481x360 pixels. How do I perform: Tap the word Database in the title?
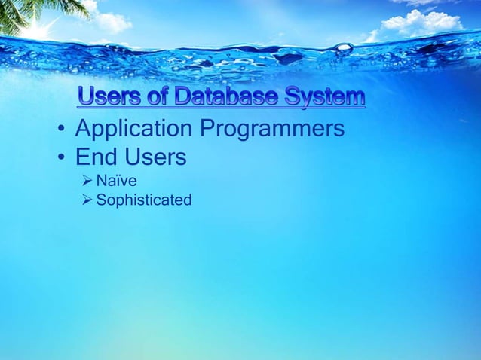225,98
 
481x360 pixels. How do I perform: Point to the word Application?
133,130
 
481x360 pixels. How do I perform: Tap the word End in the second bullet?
93,158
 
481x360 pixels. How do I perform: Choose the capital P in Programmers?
207,130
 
